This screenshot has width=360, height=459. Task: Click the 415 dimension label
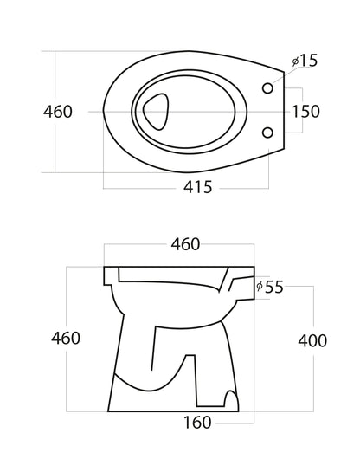point(197,187)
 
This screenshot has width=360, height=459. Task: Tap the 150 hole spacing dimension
point(305,112)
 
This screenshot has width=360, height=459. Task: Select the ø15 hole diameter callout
point(305,61)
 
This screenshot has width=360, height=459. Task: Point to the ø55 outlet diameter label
point(270,287)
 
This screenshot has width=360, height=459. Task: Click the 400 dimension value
point(312,340)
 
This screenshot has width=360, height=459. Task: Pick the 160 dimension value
point(197,423)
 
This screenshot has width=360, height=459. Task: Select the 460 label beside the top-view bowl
point(58,112)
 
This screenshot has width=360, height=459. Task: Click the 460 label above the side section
point(185,244)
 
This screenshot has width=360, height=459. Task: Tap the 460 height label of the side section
point(66,338)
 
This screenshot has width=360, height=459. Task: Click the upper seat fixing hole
point(267,87)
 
